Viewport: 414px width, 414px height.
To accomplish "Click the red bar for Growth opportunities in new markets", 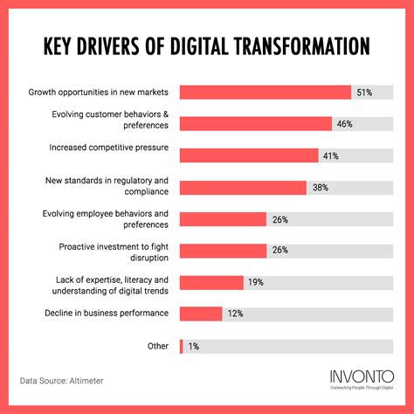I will [x=265, y=93].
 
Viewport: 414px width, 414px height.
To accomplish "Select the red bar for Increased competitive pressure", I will [x=248, y=155].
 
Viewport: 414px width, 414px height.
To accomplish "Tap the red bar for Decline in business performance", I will [x=201, y=314].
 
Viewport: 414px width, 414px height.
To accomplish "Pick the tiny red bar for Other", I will [x=181, y=346].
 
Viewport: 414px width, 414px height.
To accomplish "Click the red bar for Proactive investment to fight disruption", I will [x=223, y=251].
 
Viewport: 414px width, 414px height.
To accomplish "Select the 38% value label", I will [x=319, y=188].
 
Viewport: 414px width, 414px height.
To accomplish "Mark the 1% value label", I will [x=193, y=346].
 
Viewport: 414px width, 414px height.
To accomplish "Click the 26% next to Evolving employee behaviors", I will [x=279, y=219].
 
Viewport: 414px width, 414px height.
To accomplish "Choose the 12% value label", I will [x=236, y=314].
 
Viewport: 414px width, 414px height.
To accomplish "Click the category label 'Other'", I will [x=158, y=346].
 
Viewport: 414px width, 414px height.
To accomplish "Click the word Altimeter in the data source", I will [x=101, y=381].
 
